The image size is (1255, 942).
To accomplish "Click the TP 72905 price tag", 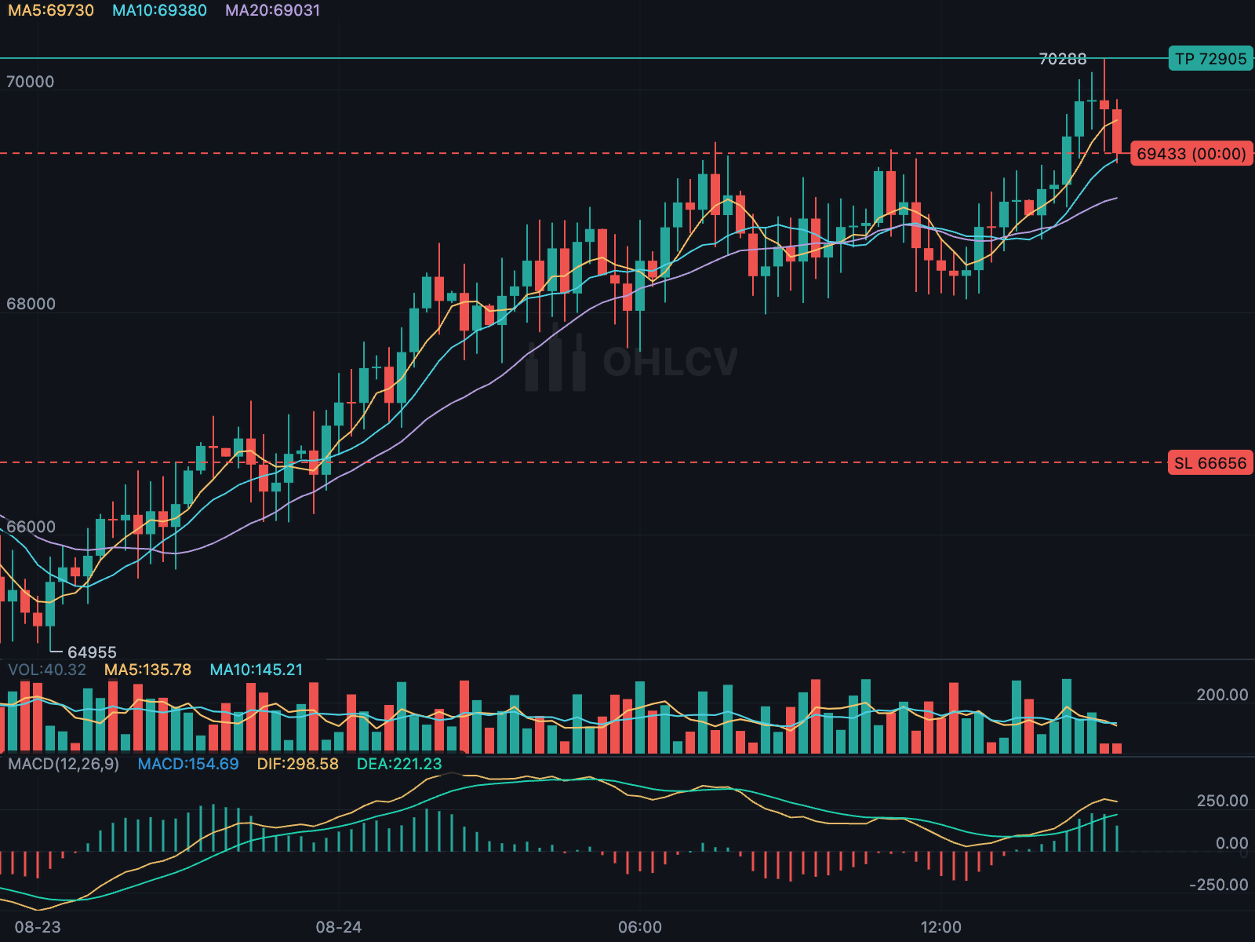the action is (x=1210, y=59).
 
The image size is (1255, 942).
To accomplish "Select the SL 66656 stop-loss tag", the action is (x=1210, y=462).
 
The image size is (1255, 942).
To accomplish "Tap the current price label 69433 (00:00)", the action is (x=1191, y=154).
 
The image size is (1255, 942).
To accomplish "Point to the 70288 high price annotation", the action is (x=1062, y=59).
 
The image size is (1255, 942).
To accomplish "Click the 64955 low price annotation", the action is (x=92, y=652).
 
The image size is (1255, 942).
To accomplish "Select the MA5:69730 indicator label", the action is (x=51, y=10).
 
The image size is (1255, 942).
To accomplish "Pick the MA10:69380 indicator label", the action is (x=159, y=10).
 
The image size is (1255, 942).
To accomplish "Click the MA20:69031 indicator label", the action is (x=273, y=10).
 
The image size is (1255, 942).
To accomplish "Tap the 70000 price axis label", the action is (x=31, y=82).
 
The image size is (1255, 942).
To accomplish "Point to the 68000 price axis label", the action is (x=31, y=304).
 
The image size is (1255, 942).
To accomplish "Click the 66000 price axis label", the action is (x=31, y=527).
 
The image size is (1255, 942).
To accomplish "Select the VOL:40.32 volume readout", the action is (x=47, y=670).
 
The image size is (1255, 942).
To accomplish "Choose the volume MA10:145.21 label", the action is (x=256, y=670).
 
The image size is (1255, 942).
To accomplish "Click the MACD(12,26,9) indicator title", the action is (x=64, y=764).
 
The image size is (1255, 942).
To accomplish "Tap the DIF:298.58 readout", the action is (x=298, y=764).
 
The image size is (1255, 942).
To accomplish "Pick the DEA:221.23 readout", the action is (x=399, y=764).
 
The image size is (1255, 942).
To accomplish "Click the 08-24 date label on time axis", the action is (x=339, y=927).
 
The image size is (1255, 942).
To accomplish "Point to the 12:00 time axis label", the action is (x=941, y=927).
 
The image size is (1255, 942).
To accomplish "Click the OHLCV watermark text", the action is (x=670, y=362).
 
